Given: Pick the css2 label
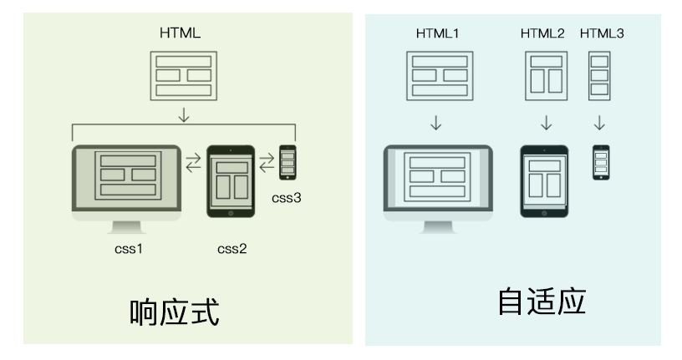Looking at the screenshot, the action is (232, 248).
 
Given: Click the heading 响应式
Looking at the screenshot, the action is (175, 312).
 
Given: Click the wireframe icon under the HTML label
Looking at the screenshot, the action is (183, 76).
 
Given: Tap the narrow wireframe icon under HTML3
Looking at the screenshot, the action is (598, 75).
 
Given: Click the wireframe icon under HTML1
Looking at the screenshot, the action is (436, 75).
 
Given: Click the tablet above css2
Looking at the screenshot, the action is (231, 182).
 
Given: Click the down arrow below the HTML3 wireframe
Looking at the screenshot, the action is (599, 124).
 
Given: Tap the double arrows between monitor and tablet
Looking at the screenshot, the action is (193, 161).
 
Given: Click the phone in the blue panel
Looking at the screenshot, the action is (601, 162).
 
